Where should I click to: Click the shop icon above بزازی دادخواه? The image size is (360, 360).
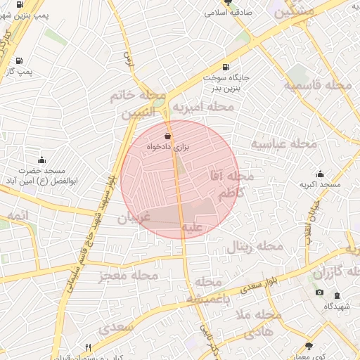[167, 136]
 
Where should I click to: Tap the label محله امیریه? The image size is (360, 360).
[203, 107]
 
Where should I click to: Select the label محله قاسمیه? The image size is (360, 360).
[318, 86]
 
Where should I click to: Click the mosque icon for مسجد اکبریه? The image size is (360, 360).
[321, 174]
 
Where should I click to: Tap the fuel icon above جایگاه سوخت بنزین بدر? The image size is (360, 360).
[226, 67]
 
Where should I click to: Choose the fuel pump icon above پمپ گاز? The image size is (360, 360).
[18, 60]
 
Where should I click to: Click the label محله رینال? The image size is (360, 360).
[254, 247]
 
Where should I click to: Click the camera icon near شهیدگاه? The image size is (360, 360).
[320, 292]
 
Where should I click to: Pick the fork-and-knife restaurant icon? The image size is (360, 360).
[88, 347]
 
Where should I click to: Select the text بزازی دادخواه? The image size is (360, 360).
[169, 146]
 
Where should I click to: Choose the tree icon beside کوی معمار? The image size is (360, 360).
[309, 345]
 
